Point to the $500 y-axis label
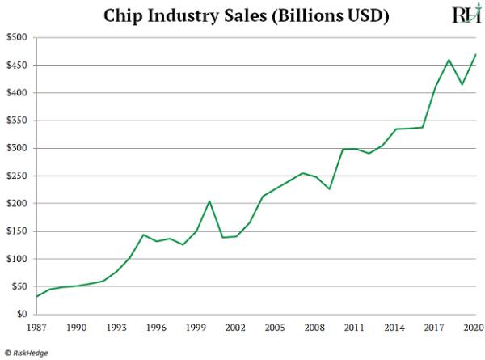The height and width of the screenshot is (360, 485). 16,38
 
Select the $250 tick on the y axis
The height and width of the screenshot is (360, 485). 16,176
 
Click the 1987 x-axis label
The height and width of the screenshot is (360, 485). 36,328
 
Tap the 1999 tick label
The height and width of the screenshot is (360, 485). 196,328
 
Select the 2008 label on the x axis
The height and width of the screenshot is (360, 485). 314,328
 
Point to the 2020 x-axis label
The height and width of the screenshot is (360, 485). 474,328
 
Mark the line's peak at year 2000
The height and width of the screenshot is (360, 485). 209,201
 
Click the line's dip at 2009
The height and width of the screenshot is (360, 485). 328,189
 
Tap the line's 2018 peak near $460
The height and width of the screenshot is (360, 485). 448,59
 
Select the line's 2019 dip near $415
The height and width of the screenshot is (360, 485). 461,84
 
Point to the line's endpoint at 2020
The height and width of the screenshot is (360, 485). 474,54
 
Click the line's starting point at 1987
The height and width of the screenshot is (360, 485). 36,296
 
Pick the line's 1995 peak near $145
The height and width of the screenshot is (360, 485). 143,235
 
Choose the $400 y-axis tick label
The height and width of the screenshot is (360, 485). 16,93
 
